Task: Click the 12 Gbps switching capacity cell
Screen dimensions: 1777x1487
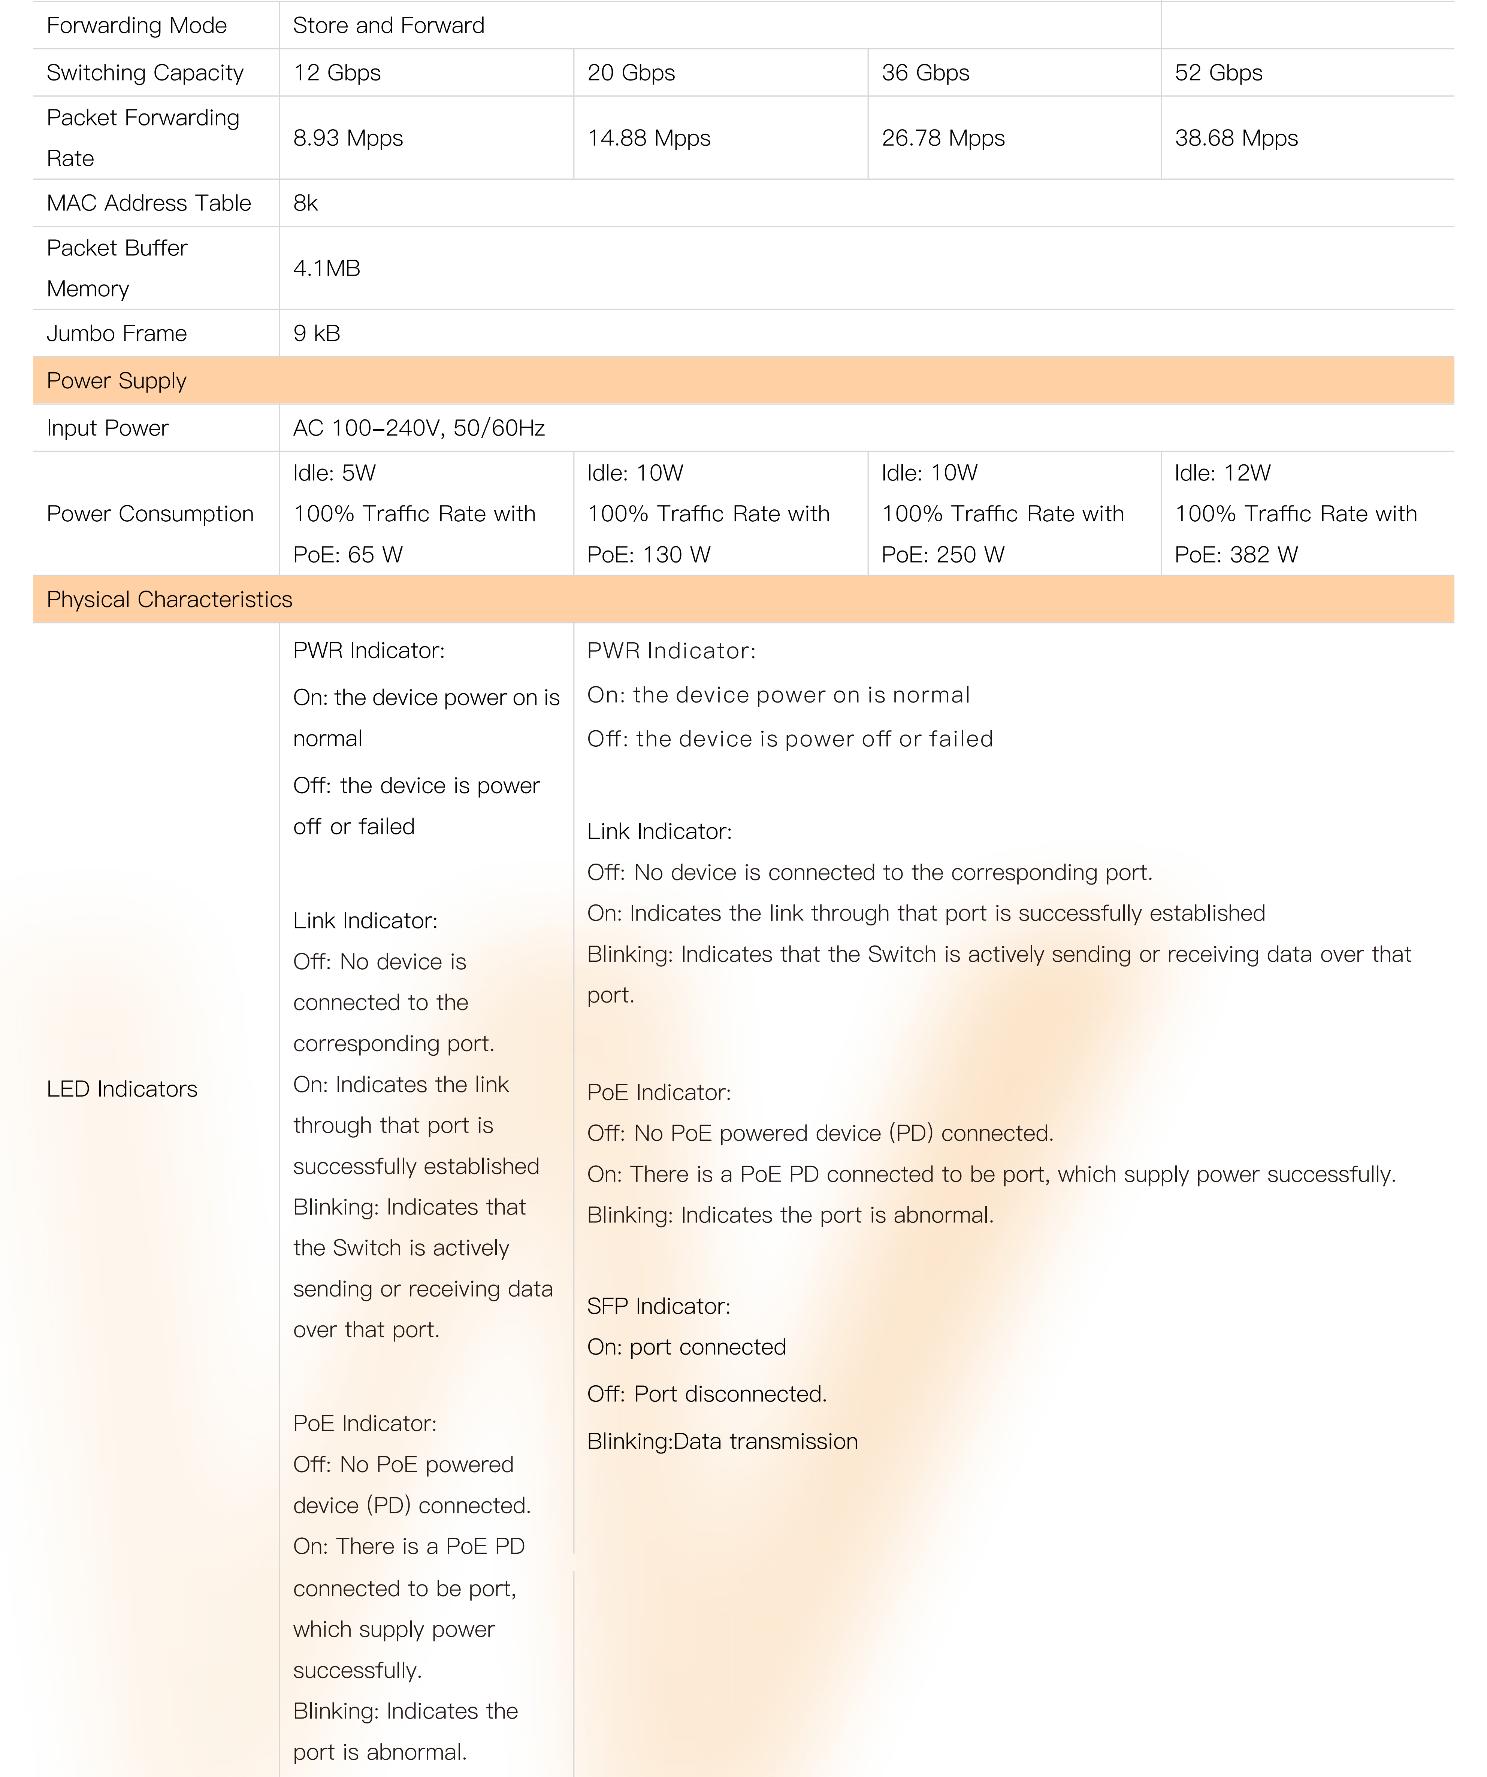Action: (337, 73)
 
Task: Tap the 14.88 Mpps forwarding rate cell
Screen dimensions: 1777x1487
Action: (648, 138)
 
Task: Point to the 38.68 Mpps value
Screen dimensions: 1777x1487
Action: (1236, 138)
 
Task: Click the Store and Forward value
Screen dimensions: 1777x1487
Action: (389, 25)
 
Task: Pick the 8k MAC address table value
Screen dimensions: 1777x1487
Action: (305, 203)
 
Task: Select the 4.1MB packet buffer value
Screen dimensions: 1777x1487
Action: (327, 268)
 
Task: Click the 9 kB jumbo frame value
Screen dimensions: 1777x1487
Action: (317, 333)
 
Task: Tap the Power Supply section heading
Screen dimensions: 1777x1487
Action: (117, 381)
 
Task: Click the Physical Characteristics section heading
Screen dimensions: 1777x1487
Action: (169, 599)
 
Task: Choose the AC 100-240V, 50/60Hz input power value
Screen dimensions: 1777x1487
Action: (419, 428)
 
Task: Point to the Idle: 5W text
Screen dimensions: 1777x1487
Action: (334, 473)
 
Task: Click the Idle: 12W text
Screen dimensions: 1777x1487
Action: (1222, 473)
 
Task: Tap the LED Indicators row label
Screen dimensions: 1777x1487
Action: (122, 1089)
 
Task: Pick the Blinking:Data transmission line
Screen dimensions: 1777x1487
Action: (722, 1441)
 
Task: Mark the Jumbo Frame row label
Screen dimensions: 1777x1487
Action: (117, 333)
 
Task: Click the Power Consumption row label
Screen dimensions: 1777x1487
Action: (150, 514)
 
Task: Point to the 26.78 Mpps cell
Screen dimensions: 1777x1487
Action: (943, 138)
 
